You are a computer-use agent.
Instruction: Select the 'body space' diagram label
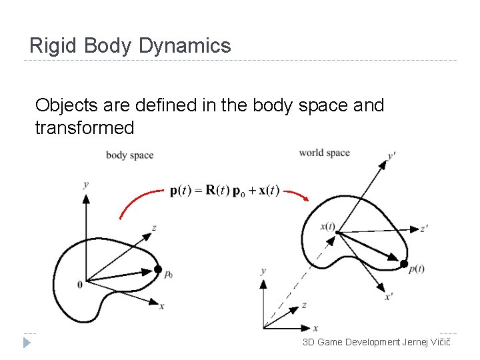(129, 155)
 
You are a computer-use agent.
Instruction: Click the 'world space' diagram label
(324, 153)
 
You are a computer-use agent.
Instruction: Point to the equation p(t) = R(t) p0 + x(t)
(225, 191)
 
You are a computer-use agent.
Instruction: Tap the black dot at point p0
(157, 269)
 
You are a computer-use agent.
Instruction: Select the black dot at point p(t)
(403, 264)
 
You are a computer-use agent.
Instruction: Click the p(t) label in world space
(417, 269)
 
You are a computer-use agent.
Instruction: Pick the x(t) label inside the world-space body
(327, 226)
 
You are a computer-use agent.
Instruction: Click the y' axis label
(391, 157)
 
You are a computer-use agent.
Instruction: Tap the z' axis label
(424, 229)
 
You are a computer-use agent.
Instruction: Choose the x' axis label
(388, 297)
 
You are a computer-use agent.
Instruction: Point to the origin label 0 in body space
(80, 284)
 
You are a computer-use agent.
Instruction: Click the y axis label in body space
(86, 184)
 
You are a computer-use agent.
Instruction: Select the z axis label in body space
(154, 227)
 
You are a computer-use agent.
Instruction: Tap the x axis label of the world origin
(315, 328)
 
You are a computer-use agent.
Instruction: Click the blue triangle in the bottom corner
(27, 343)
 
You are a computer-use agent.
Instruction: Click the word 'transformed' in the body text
(85, 127)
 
